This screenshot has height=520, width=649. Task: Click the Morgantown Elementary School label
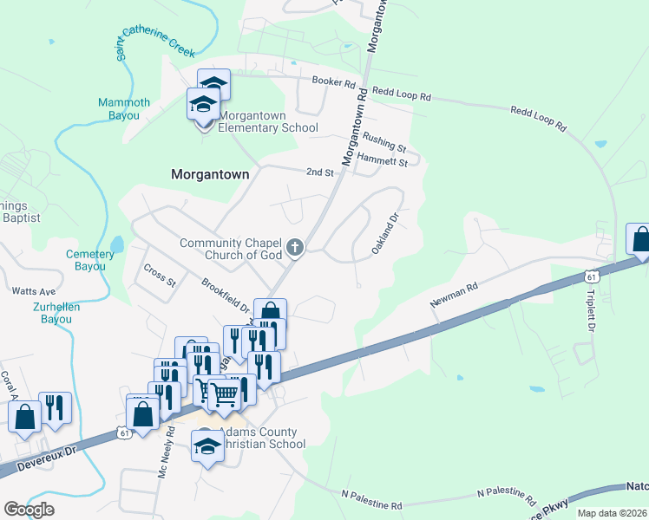pyautogui.click(x=267, y=121)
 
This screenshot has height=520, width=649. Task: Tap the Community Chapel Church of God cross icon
pyautogui.click(x=295, y=249)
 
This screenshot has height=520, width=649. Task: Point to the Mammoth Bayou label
pyautogui.click(x=123, y=108)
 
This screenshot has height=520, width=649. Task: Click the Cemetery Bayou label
pyautogui.click(x=90, y=260)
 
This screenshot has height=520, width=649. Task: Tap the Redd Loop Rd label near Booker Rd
pyautogui.click(x=402, y=94)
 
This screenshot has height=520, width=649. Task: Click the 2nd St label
pyautogui.click(x=320, y=172)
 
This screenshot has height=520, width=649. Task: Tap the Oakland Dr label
pyautogui.click(x=384, y=234)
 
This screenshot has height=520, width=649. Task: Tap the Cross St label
pyautogui.click(x=160, y=276)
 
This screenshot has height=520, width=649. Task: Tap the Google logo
pyautogui.click(x=29, y=510)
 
